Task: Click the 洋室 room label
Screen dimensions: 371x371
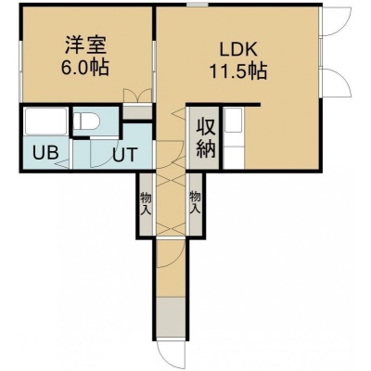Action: (x=85, y=45)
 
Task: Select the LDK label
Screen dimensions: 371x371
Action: (x=238, y=49)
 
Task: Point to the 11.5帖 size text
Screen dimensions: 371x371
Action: (x=238, y=71)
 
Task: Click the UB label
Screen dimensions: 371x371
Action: (x=45, y=152)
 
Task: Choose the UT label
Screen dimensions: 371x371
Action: (x=124, y=154)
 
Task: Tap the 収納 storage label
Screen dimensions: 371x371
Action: (x=206, y=138)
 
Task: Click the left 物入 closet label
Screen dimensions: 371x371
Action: (x=146, y=203)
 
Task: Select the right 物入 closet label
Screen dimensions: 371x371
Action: (x=195, y=202)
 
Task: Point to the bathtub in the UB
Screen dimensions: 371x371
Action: (x=45, y=121)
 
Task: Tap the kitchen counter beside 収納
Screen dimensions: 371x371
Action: (x=234, y=138)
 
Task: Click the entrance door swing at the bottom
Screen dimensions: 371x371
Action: (x=171, y=355)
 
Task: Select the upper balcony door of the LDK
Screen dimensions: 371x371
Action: (x=336, y=21)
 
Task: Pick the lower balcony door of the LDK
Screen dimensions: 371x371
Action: (x=336, y=83)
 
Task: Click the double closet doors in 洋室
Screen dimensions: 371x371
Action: (x=137, y=96)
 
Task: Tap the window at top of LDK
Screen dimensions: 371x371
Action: (x=198, y=5)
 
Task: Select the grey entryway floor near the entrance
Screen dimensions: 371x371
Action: (x=171, y=318)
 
